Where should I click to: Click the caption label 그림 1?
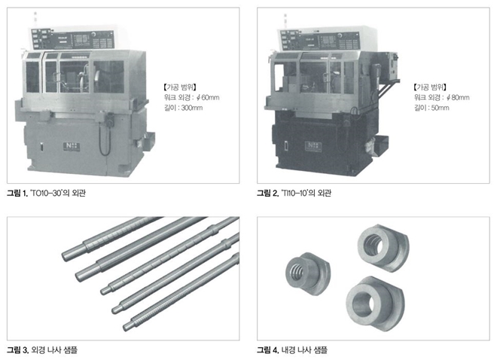coord(17,193)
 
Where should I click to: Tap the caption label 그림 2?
coord(267,193)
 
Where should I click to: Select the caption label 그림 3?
coord(17,350)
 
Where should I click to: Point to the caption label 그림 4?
coord(268,350)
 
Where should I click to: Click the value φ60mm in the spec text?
coord(208,97)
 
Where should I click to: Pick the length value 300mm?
coord(192,108)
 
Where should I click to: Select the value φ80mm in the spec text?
coord(458,97)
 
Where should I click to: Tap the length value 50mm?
coord(440,108)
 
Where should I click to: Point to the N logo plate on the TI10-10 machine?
coord(313,146)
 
